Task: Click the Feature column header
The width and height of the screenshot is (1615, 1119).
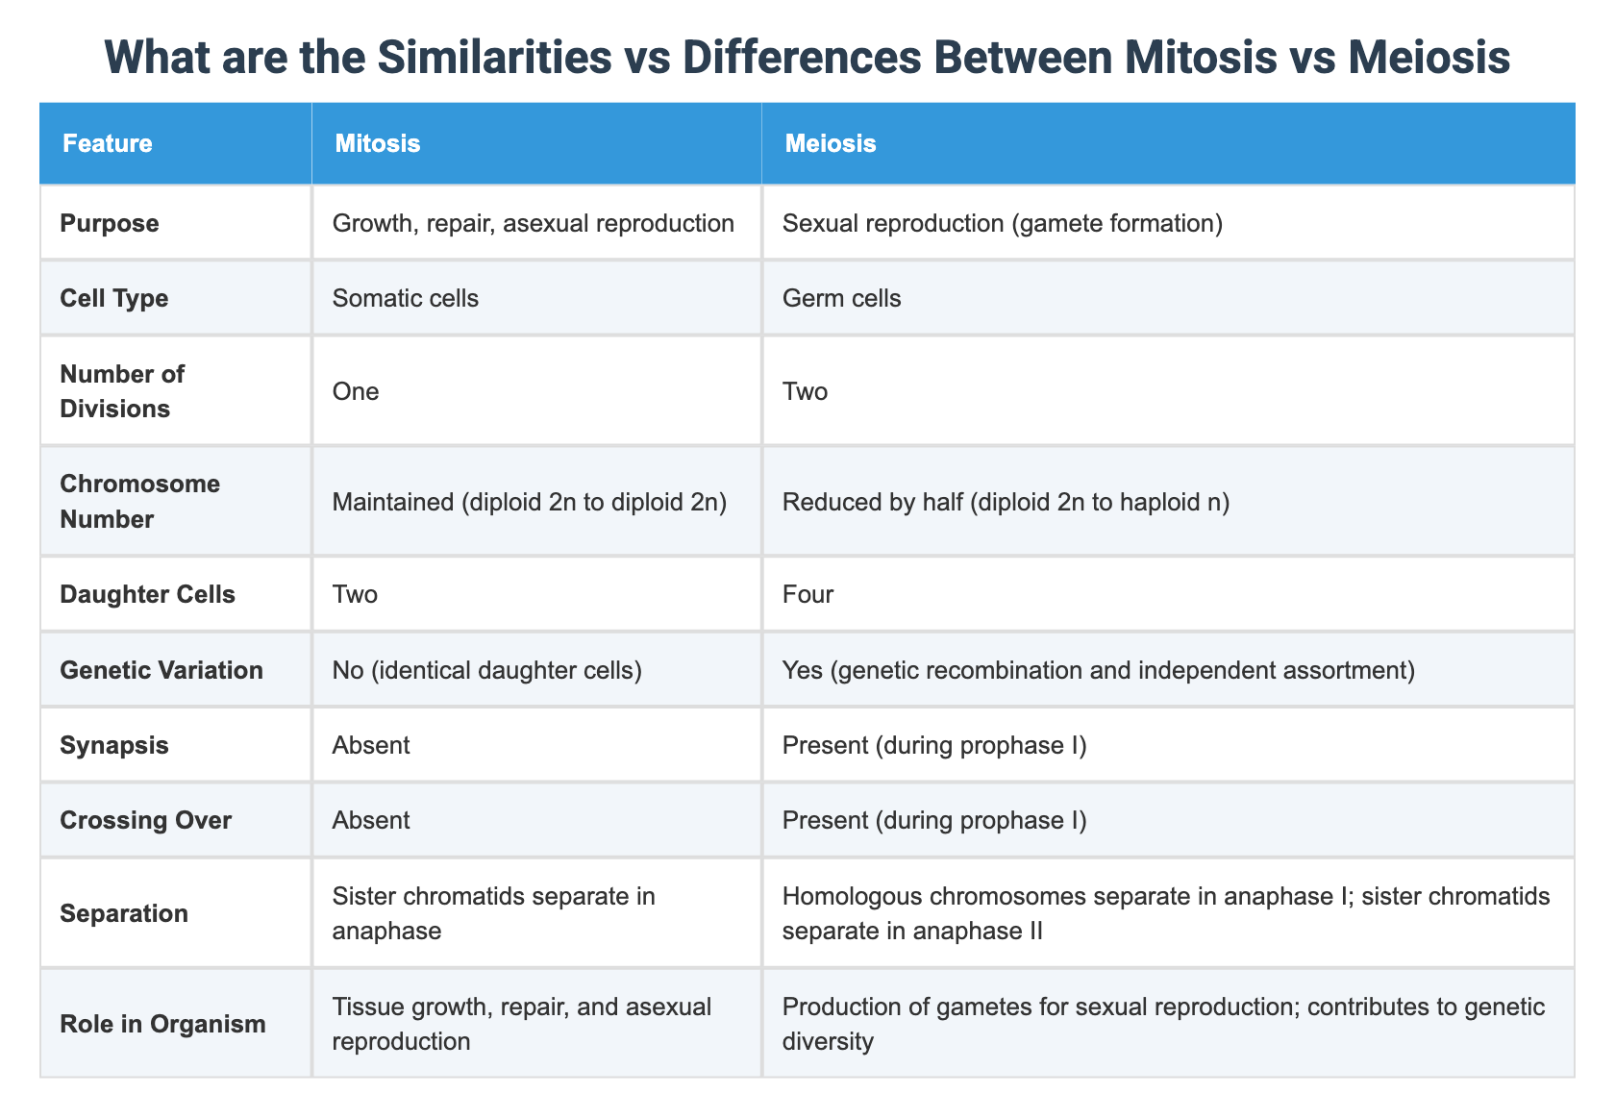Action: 107,144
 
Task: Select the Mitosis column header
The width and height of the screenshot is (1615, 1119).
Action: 377,144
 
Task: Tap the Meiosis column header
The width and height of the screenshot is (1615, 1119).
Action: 830,144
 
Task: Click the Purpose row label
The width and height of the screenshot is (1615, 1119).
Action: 109,223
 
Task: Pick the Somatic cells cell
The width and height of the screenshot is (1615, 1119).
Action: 405,298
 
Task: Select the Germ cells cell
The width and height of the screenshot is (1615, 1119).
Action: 841,298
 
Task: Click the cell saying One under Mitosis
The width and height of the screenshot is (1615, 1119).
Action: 355,390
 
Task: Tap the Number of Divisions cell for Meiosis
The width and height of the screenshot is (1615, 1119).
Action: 806,390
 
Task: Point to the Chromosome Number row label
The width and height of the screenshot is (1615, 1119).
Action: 139,501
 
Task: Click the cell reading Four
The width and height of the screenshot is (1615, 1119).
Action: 807,594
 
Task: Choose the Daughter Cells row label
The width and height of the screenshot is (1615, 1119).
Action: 147,594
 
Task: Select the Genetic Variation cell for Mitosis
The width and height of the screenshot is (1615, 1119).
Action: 486,670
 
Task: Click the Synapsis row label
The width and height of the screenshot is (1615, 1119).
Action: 113,745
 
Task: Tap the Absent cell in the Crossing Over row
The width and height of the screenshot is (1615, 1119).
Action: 370,820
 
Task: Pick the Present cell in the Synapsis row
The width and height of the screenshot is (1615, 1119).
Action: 933,745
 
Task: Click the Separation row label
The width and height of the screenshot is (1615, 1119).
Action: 123,912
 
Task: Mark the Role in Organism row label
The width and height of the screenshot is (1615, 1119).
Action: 162,1024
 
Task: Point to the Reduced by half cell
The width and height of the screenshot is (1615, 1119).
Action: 1006,501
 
